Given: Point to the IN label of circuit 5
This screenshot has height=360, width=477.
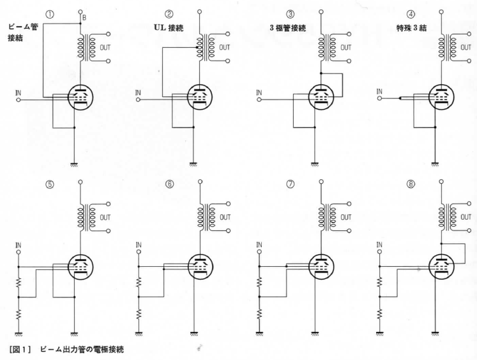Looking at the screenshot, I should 18,244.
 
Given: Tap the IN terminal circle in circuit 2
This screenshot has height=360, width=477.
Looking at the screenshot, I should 139,100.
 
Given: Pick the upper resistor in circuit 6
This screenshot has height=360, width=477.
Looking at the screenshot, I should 139,281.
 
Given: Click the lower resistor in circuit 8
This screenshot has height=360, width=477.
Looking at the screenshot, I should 379,315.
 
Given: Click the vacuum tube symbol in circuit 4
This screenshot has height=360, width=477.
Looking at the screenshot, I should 440,98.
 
